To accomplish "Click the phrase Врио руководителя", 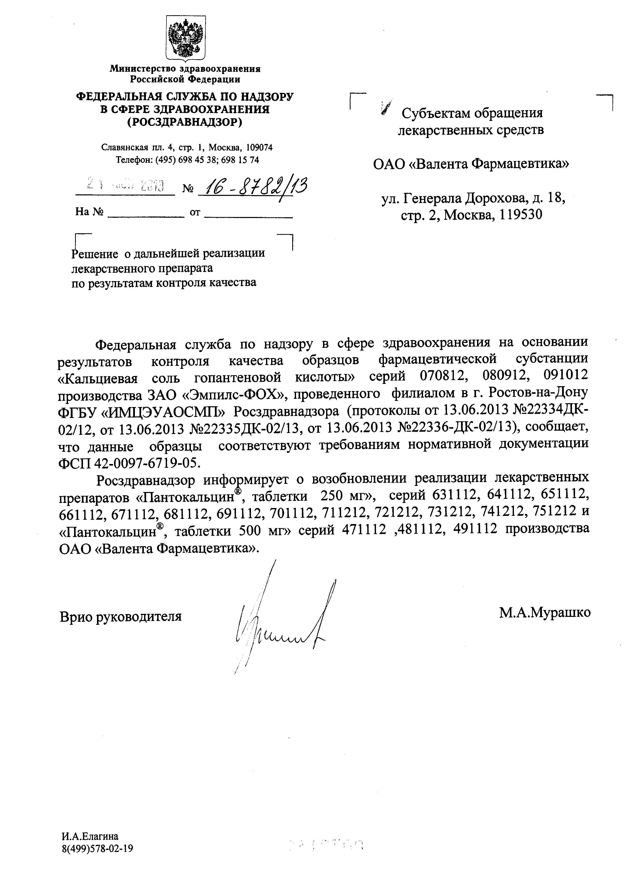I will tap(120, 616).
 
